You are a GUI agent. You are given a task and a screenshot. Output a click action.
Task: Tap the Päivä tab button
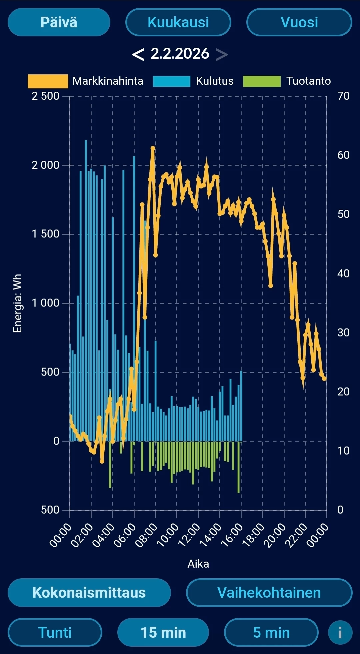click(x=59, y=22)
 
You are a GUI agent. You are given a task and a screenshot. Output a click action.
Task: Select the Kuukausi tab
click(x=178, y=22)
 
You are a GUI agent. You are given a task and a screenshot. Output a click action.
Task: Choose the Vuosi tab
click(x=299, y=22)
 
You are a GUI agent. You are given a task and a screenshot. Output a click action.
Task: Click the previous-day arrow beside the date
click(x=138, y=54)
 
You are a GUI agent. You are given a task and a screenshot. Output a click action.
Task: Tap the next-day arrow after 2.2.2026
click(x=222, y=54)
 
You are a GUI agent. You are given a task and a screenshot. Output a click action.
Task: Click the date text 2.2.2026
click(x=180, y=54)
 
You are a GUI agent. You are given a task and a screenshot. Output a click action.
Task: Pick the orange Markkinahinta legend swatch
click(x=48, y=81)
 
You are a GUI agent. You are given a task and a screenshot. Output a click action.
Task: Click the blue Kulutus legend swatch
click(x=171, y=81)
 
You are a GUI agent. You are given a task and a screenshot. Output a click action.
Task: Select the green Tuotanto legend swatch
click(x=262, y=81)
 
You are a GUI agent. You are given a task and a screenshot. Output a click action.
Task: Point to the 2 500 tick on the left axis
click(x=45, y=96)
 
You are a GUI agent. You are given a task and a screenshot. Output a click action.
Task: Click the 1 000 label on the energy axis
click(x=45, y=303)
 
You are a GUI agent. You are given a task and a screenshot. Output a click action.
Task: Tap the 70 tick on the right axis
click(x=343, y=96)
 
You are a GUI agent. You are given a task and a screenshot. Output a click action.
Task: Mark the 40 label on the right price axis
click(x=343, y=273)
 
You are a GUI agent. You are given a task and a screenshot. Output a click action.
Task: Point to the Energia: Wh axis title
click(x=17, y=303)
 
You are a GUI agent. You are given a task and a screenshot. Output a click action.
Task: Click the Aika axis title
click(x=198, y=564)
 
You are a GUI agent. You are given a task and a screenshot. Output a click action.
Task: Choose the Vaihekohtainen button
click(x=269, y=593)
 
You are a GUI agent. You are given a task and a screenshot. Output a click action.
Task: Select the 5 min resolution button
click(x=271, y=632)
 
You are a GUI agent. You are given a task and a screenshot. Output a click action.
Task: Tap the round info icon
click(x=340, y=632)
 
